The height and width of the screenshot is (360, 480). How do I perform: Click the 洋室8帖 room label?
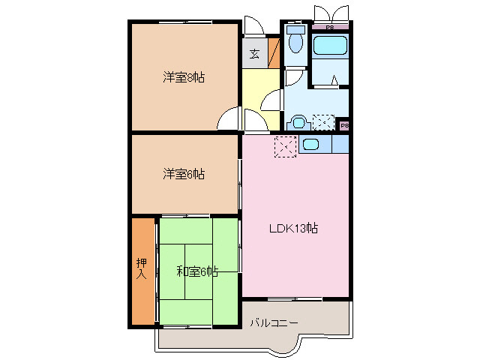183,77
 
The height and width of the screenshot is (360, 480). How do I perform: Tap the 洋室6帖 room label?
183,174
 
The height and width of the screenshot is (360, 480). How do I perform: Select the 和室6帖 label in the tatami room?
196,271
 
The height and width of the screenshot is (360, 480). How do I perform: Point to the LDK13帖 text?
294,229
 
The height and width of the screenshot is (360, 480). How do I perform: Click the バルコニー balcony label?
274,322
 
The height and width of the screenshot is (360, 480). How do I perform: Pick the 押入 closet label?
141,268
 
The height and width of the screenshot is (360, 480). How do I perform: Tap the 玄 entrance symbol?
254,53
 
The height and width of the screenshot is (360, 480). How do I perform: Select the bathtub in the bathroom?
331,45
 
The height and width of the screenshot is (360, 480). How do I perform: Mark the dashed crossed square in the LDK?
286,147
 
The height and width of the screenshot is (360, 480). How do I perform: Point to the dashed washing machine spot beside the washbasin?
324,122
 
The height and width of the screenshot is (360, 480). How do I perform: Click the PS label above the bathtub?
330,27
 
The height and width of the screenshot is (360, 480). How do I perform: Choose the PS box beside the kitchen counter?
343,125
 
